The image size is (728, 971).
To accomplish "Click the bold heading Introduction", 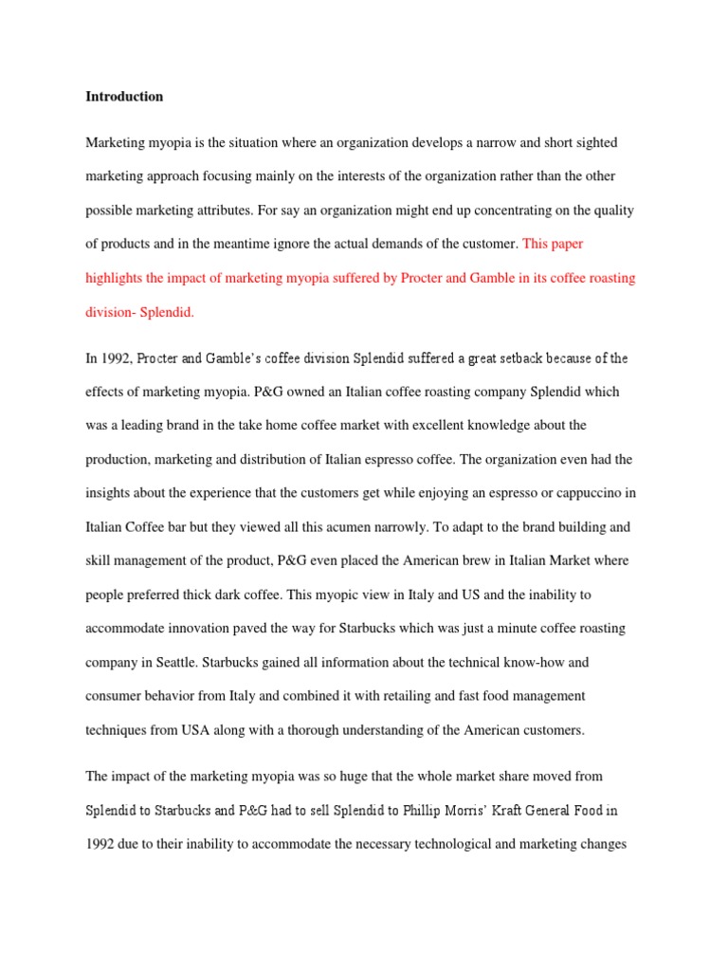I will click(124, 97).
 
